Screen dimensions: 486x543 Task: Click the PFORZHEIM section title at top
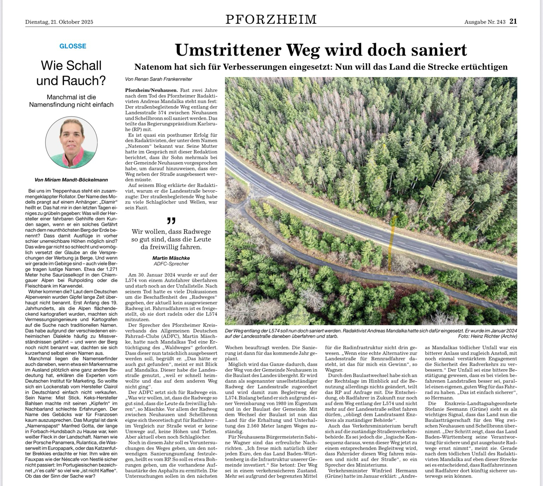[271, 19]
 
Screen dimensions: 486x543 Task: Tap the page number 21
[513, 21]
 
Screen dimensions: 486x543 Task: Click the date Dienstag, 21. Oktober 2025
[59, 22]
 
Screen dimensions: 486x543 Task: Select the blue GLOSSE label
[73, 46]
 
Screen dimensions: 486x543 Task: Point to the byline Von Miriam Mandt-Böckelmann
[71, 180]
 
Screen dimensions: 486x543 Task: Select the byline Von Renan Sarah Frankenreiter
[159, 79]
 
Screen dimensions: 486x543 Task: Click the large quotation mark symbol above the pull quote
[171, 221]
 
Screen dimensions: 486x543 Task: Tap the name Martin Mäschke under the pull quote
[171, 258]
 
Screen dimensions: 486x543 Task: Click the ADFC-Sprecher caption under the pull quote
[171, 264]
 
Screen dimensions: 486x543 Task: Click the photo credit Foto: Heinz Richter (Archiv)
[487, 336]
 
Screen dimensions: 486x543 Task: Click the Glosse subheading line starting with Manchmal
[71, 97]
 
